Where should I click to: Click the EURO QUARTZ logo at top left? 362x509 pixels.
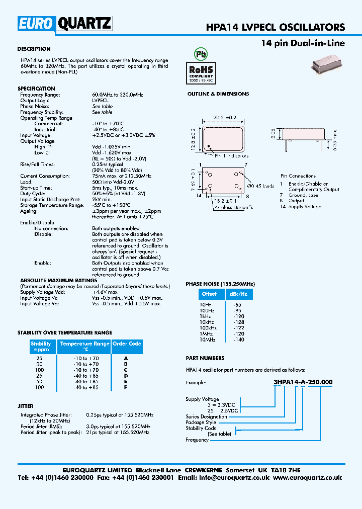tap(65, 23)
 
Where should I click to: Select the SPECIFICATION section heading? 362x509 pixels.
tap(36, 89)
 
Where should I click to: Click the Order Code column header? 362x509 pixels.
tap(127, 344)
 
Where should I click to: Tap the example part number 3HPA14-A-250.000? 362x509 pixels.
tap(303, 382)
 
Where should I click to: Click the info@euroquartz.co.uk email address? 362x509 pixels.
tap(240, 477)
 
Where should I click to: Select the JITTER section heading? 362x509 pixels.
tap(26, 406)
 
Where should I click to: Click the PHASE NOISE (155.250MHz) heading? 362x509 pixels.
tap(219, 284)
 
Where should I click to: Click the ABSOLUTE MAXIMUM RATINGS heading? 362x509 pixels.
tap(58, 280)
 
